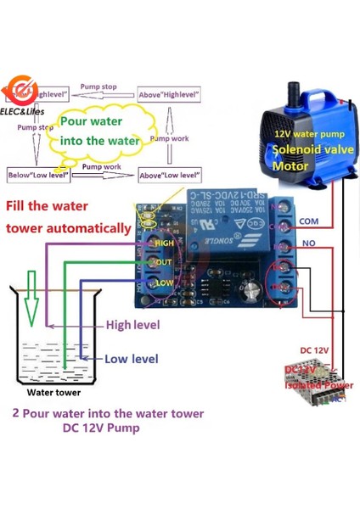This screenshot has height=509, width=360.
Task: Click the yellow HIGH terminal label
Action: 163,243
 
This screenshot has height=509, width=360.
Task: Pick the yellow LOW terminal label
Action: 164,282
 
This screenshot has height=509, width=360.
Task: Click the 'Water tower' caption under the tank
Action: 53,393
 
